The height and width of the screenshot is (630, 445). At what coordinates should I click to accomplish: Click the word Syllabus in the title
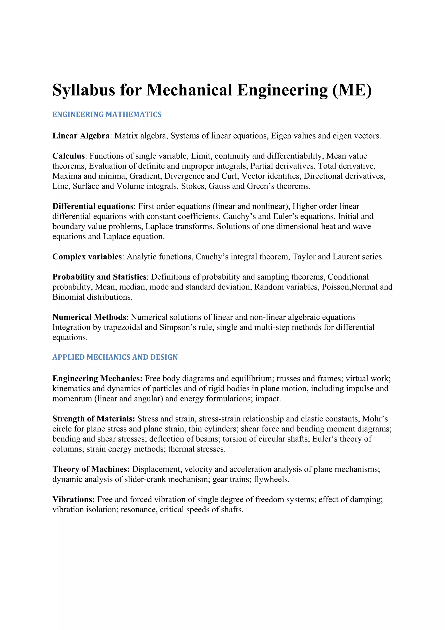coord(84,90)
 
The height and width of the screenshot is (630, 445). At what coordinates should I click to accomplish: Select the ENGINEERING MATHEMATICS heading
coord(107,114)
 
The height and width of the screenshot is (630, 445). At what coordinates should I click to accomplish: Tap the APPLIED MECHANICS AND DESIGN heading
coord(115,357)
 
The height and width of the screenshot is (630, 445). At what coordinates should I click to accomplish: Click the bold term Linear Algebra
coord(81,136)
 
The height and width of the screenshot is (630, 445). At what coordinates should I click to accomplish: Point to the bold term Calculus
coord(68,156)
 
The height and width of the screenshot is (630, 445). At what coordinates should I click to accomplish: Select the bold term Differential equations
coord(93,206)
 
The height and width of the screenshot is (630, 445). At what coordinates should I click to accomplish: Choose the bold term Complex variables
coord(87,257)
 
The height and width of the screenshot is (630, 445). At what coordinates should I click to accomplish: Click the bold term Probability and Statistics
coord(99,277)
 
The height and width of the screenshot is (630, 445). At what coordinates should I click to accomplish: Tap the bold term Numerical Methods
coord(89,317)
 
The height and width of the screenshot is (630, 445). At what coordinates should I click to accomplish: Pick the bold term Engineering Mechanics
coord(97,379)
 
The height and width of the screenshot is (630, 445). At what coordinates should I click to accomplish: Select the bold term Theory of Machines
coord(91,469)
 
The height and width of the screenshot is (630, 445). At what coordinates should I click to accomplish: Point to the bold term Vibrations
coord(73,499)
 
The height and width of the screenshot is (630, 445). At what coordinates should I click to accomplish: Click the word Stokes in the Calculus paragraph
coord(193,186)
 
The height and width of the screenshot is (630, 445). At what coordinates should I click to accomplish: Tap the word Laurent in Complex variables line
coord(346,257)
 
